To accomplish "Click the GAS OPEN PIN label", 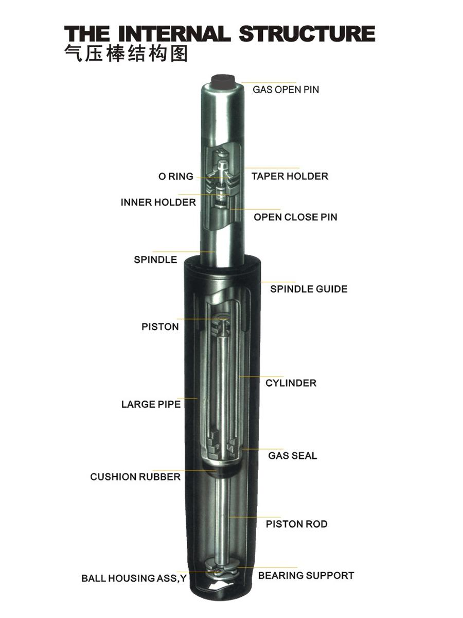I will [286, 90].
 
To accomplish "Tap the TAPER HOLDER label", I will [290, 176].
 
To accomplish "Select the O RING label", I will [176, 177].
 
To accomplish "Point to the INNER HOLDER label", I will [158, 202].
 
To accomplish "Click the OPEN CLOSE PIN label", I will [295, 217].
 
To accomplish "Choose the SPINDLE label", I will [155, 260].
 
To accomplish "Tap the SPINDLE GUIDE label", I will [309, 289].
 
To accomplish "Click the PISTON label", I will [160, 327].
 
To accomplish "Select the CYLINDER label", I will [291, 383].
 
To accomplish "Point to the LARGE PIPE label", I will [151, 405].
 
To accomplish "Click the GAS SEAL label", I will [292, 456].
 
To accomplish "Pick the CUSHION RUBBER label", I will [135, 477].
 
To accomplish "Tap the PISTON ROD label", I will [296, 524].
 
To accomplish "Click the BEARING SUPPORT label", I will [306, 575].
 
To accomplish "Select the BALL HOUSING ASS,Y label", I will [134, 579].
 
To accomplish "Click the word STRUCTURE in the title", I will [307, 34].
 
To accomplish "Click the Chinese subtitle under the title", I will [127, 54].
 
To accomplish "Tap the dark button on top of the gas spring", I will [223, 81].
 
